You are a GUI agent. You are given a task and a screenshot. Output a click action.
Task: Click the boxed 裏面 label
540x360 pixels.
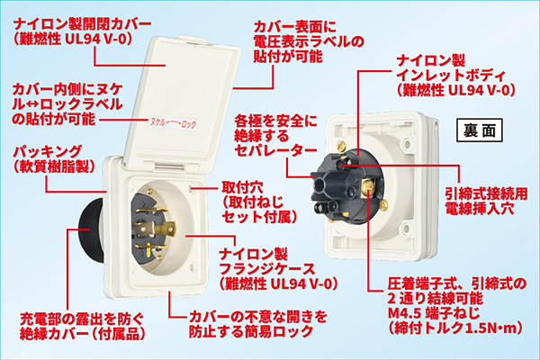[x=480, y=130]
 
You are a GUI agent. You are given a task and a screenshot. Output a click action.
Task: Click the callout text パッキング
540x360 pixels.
[x=48, y=151]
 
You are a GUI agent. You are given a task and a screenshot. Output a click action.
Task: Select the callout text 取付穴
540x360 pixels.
[x=242, y=187]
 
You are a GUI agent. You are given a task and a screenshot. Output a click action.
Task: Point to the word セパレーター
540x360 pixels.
[x=275, y=150]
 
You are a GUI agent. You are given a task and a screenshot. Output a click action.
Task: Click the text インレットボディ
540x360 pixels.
[x=451, y=75]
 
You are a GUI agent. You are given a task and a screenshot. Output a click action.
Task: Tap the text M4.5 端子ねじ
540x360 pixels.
[x=434, y=313]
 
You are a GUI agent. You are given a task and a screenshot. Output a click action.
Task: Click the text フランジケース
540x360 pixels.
[x=267, y=269]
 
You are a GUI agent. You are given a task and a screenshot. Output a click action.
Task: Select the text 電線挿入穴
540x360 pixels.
[x=480, y=208]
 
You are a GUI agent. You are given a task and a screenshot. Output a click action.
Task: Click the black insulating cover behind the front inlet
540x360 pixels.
[x=90, y=229]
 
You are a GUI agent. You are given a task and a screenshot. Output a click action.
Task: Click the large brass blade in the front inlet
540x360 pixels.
[x=156, y=229]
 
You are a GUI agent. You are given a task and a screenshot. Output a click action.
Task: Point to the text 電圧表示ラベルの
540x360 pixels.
[x=309, y=41]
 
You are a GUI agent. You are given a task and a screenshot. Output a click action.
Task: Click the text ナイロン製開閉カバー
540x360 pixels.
[x=82, y=24]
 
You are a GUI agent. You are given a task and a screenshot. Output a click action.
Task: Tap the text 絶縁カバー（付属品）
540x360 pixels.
[x=82, y=334]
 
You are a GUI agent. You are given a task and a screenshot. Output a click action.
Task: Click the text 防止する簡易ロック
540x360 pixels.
[x=251, y=331]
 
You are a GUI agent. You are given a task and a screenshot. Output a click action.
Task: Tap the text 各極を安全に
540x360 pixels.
[x=275, y=121]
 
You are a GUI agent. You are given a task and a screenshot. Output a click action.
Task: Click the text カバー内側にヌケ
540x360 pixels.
[x=67, y=90]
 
